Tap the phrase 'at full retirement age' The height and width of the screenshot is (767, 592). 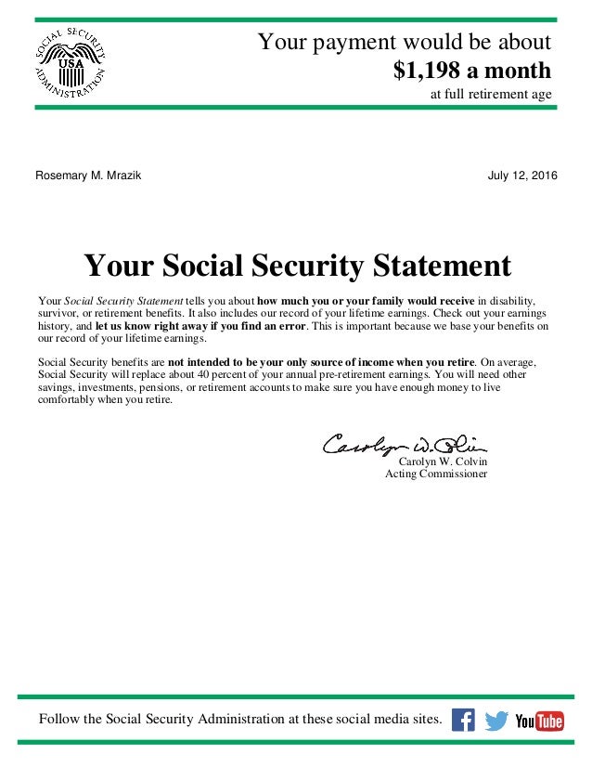coord(491,95)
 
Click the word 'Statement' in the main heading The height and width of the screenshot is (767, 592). coord(436,266)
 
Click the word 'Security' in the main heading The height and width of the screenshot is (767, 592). coord(283,266)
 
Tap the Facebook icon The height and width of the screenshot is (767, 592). coord(462,720)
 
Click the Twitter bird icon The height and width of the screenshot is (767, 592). coord(496,721)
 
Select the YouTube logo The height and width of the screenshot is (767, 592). coord(539,721)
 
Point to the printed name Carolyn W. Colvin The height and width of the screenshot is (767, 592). coord(443,461)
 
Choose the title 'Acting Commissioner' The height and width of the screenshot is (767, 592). coord(436,474)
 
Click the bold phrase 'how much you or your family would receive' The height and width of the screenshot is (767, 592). coord(366,302)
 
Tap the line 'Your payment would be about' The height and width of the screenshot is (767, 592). coord(404,42)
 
